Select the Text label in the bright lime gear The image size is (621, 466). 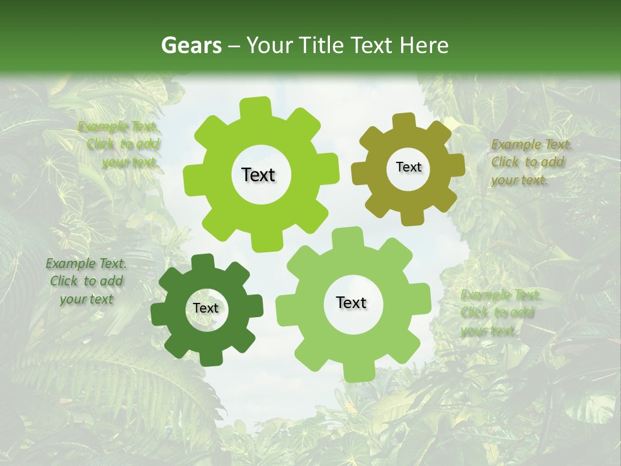pos(258,175)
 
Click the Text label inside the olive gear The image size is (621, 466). pos(408,167)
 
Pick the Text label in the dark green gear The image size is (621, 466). pos(206,308)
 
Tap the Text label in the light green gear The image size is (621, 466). pos(351,302)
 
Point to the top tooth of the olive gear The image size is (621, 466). pos(404,122)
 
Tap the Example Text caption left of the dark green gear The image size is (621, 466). pos(87,282)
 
